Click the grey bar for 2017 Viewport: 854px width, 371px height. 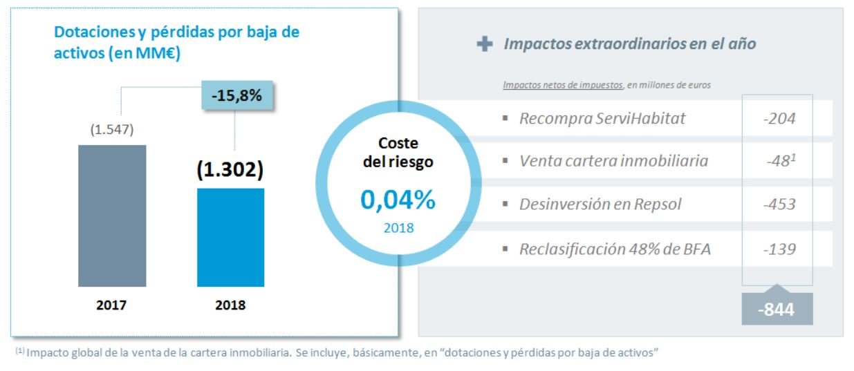click(112, 216)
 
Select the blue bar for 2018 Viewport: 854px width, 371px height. click(230, 237)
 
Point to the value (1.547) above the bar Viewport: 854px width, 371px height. click(111, 129)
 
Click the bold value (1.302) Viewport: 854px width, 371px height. click(230, 171)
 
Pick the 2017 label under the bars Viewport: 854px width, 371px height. click(112, 305)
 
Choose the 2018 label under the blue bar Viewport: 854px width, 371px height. click(230, 305)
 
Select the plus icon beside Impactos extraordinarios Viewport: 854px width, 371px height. click(485, 44)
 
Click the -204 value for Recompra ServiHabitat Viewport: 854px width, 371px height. click(779, 119)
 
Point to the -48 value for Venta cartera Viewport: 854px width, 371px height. click(780, 162)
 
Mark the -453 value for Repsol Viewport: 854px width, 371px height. click(779, 204)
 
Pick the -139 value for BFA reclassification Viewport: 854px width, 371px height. click(779, 248)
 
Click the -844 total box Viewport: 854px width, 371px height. click(777, 310)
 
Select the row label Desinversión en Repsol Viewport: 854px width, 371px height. click(600, 204)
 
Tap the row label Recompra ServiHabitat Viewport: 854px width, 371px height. click(602, 119)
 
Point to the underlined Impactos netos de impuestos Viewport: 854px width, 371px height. click(562, 85)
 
